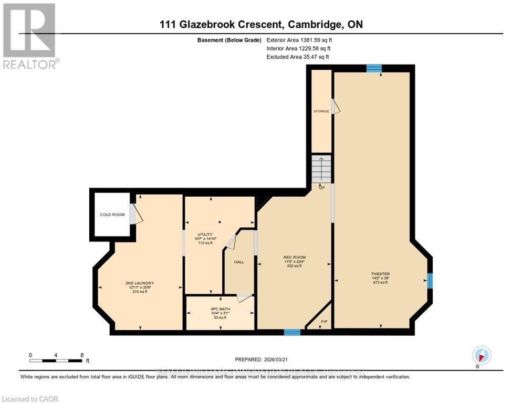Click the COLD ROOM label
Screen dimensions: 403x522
pyautogui.click(x=112, y=215)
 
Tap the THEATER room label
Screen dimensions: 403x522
pyautogui.click(x=380, y=274)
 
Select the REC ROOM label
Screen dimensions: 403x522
pyautogui.click(x=293, y=257)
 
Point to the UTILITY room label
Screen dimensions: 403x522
pyautogui.click(x=204, y=234)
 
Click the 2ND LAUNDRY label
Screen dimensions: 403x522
pyautogui.click(x=140, y=283)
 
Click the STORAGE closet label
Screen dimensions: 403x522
pyautogui.click(x=321, y=111)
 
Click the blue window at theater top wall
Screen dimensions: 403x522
pyautogui.click(x=373, y=68)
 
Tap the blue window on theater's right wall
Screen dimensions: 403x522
pyautogui.click(x=430, y=281)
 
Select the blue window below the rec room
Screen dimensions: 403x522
pyautogui.click(x=292, y=332)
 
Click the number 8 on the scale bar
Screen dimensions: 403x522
pyautogui.click(x=82, y=355)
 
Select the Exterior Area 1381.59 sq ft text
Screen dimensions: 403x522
pyautogui.click(x=299, y=39)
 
